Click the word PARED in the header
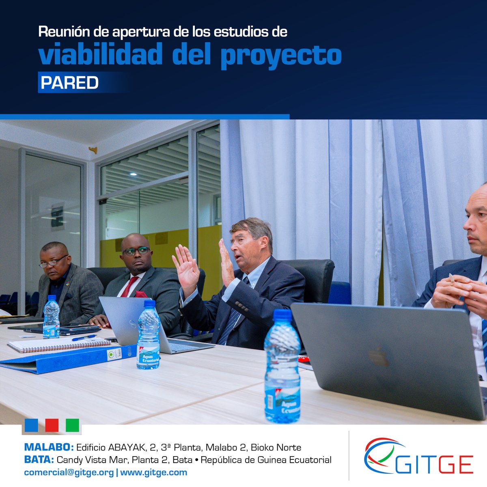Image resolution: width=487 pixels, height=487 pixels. (x=69, y=83)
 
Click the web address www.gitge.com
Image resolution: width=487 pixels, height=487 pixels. (x=154, y=472)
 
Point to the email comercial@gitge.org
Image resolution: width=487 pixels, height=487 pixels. (x=69, y=472)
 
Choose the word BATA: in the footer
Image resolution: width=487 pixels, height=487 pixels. (x=39, y=460)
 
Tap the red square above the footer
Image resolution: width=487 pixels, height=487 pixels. (x=52, y=425)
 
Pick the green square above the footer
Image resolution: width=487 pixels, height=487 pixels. (x=72, y=425)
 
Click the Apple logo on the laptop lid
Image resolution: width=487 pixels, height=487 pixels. (x=378, y=357)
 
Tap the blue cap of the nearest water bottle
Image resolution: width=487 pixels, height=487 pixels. (x=282, y=316)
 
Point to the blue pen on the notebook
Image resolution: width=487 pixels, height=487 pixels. (x=84, y=337)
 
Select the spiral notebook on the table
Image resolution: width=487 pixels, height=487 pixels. (x=59, y=345)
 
